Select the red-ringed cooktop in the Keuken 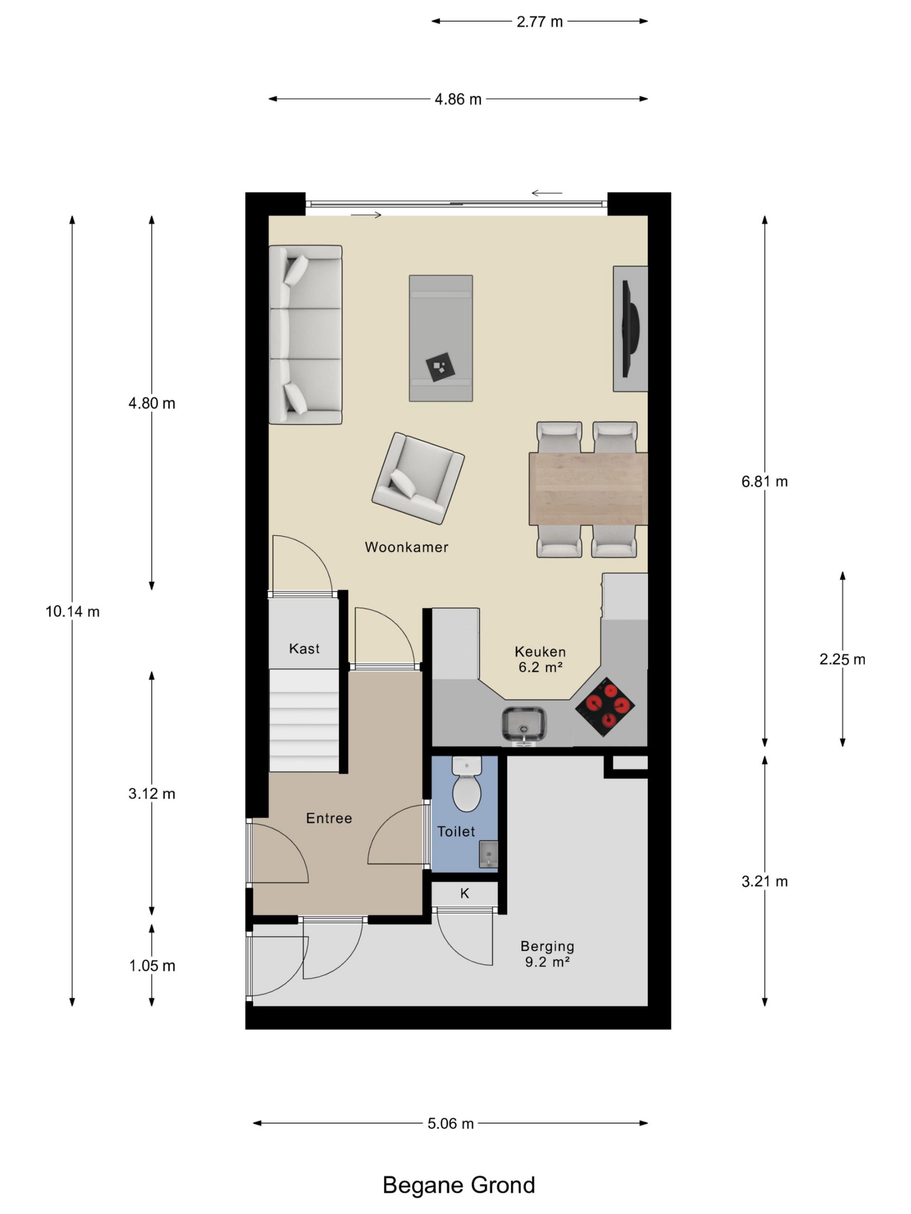click(x=604, y=707)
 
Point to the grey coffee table click(x=440, y=338)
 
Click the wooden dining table click(x=588, y=488)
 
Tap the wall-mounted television click(x=630, y=328)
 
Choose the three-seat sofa click(x=305, y=335)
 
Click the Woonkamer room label click(x=406, y=547)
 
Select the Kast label click(x=304, y=649)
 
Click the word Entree click(x=329, y=819)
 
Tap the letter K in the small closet click(x=465, y=893)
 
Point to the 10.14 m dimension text click(x=73, y=611)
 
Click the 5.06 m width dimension click(x=450, y=1123)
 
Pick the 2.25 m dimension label click(x=842, y=659)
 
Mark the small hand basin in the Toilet click(x=488, y=854)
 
